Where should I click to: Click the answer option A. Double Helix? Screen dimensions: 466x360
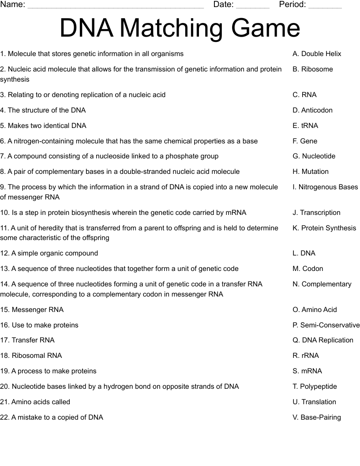click(317, 54)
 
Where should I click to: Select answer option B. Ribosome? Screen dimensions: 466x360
click(312, 69)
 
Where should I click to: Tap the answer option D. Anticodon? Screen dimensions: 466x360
click(312, 110)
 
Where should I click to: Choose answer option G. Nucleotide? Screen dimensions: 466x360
click(314, 156)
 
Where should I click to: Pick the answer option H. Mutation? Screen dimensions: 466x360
click(311, 172)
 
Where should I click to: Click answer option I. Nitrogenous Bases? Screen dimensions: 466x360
click(325, 187)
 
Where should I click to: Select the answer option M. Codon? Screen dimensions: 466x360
click(307, 269)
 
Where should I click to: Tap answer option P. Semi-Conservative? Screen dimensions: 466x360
click(326, 325)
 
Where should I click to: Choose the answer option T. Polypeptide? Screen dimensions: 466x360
click(315, 387)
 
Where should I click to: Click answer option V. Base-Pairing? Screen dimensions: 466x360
click(316, 417)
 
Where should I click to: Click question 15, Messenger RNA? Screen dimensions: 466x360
click(32, 310)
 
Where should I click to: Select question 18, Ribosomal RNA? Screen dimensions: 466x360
click(31, 356)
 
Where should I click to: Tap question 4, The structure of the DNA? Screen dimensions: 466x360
click(43, 110)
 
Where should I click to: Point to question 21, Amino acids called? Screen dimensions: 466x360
click(35, 402)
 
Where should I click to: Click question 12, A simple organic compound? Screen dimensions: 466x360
click(49, 253)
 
